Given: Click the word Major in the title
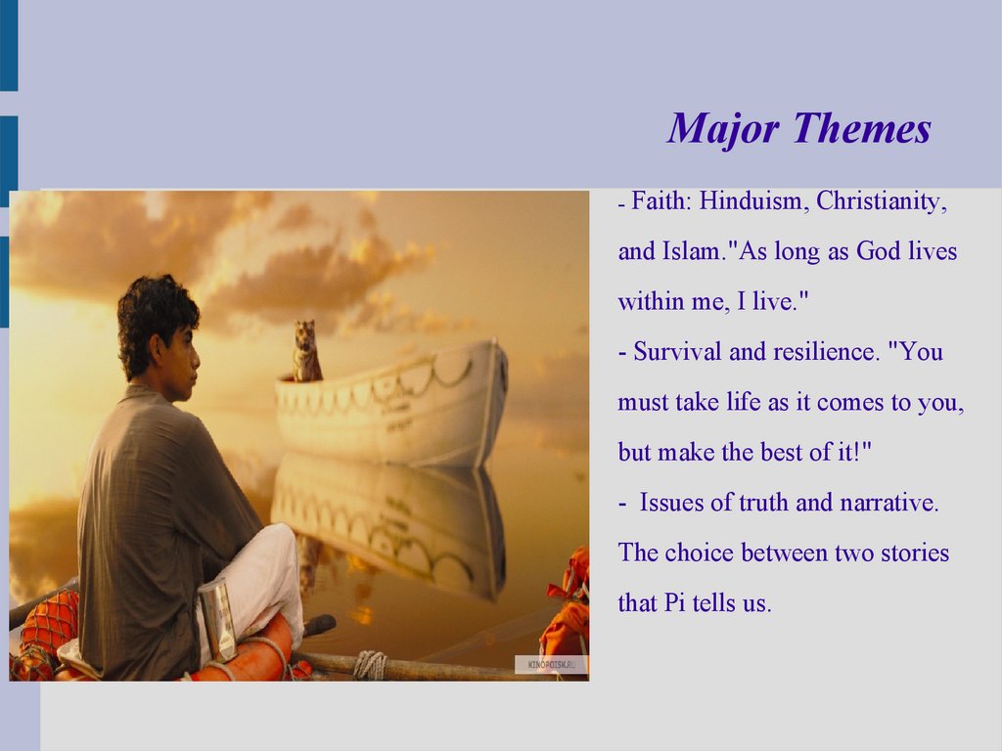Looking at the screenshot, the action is click(723, 130).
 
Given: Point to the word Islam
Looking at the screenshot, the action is click(692, 251).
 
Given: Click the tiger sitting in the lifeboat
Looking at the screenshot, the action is click(306, 351).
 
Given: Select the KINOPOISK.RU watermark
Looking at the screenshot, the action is click(551, 665).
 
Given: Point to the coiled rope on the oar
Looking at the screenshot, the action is click(370, 665).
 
